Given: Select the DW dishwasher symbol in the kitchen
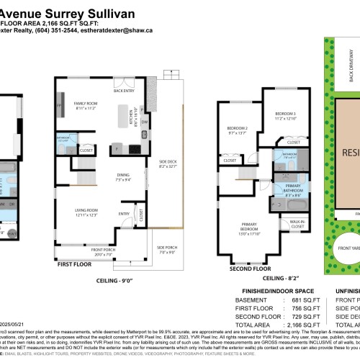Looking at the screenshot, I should click(145, 122).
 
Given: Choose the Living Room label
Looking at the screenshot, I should click(86, 210).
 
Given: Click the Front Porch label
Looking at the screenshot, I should click(93, 252).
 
